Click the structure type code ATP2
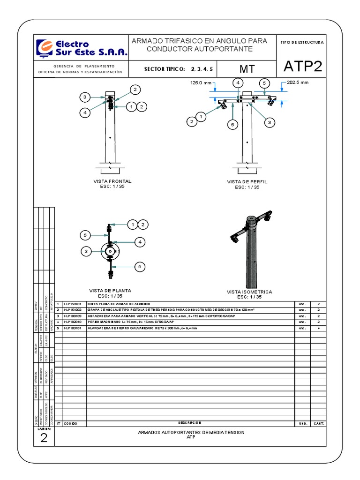[303, 67]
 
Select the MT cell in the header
[247, 69]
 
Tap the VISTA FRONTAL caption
[112, 181]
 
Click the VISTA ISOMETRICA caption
[249, 292]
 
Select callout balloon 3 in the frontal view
[85, 97]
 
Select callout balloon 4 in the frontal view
[85, 112]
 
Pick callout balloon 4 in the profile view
[238, 82]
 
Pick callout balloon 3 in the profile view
[270, 122]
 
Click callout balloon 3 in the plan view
[86, 252]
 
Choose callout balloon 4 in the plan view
[139, 242]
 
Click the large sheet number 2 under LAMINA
[44, 438]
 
